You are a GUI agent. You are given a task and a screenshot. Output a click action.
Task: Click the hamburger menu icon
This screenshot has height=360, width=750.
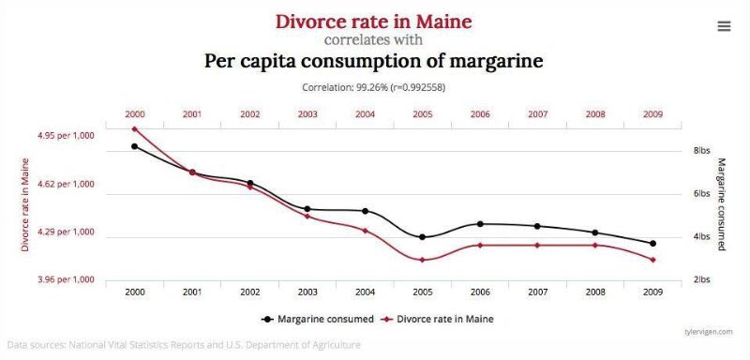tap(724, 26)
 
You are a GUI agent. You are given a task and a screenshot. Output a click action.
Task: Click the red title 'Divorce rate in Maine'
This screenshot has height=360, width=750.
tap(373, 21)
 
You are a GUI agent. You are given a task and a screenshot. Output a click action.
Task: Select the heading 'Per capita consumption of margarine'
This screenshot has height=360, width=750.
tap(373, 62)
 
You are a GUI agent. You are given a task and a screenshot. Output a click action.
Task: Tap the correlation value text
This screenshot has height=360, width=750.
tap(374, 87)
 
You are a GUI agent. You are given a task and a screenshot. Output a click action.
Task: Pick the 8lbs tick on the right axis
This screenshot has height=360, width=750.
tap(702, 150)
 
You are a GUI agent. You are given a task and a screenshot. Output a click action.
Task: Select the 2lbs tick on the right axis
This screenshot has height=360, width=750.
tap(702, 279)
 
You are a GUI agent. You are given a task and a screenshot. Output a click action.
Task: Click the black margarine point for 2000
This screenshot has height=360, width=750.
tap(135, 146)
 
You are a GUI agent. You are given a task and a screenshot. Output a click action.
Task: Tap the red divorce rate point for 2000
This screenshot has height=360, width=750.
tap(135, 129)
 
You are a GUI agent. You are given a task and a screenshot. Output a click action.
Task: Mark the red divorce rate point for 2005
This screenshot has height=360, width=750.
tap(423, 260)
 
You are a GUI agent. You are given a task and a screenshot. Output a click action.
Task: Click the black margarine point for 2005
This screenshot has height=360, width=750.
tap(423, 237)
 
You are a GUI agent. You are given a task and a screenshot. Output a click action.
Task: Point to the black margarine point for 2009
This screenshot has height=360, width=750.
tap(652, 244)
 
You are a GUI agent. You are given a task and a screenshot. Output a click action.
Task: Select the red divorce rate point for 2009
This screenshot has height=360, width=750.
tap(652, 260)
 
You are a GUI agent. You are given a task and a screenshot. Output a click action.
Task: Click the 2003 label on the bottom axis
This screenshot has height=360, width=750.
tap(307, 292)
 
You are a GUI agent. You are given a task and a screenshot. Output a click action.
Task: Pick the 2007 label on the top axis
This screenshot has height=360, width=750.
tap(537, 113)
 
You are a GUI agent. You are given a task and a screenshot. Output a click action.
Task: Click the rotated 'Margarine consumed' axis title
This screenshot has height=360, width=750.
tap(722, 203)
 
